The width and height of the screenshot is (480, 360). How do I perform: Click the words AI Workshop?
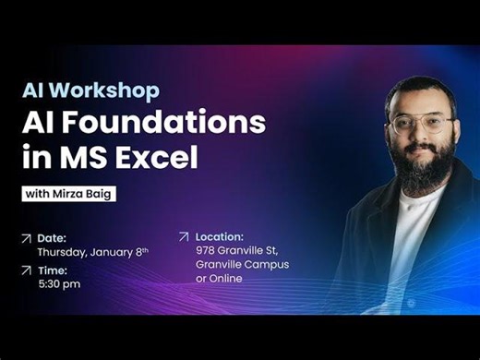pyautogui.click(x=90, y=90)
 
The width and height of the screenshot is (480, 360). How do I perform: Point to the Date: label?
pyautogui.click(x=52, y=237)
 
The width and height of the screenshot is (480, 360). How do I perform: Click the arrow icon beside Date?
pyautogui.click(x=26, y=238)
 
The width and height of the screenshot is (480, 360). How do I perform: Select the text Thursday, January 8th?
pyautogui.click(x=91, y=251)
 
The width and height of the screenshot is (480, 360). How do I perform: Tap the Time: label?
pyautogui.click(x=52, y=270)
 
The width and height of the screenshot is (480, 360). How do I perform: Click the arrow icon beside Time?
pyautogui.click(x=26, y=270)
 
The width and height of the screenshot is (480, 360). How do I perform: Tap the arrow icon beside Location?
pyautogui.click(x=183, y=236)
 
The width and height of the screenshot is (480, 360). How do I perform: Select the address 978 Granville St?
pyautogui.click(x=242, y=250)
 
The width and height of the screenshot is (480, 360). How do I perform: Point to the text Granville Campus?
pyautogui.click(x=242, y=264)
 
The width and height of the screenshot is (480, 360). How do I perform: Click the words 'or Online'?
pyautogui.click(x=219, y=279)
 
